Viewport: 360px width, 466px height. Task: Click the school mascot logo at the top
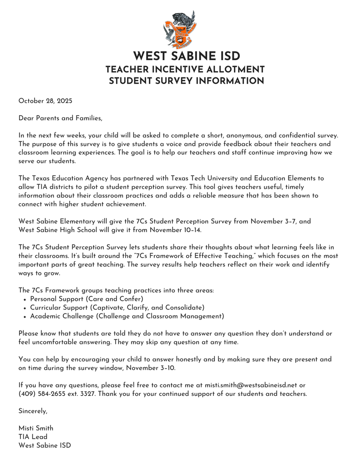click(180, 30)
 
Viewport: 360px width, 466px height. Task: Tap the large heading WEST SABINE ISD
click(186, 56)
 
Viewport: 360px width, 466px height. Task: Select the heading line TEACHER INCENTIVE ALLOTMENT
click(185, 70)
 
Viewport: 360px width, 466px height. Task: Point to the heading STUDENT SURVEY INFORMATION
click(186, 81)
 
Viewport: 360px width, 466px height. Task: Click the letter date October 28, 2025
click(45, 101)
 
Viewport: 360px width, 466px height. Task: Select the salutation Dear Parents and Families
click(60, 118)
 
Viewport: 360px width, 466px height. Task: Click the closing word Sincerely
click(33, 411)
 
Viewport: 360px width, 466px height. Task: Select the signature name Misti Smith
click(35, 428)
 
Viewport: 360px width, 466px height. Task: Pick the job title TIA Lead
click(33, 437)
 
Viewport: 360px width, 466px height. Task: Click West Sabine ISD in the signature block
click(45, 446)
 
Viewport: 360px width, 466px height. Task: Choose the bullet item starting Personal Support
click(86, 299)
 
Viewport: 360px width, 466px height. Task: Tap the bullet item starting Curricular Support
click(117, 308)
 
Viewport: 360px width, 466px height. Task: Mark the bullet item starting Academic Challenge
click(127, 316)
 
